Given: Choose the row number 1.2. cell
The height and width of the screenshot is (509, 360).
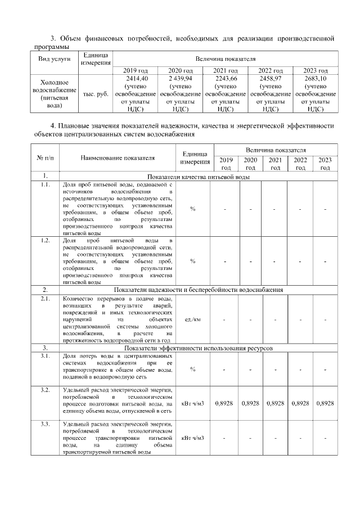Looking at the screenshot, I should [x=44, y=241].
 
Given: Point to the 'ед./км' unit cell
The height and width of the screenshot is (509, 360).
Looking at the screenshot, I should [x=192, y=320].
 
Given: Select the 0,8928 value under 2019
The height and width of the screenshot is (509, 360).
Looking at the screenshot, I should [x=224, y=403].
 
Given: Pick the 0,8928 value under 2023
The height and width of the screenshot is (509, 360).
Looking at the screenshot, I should [x=325, y=403].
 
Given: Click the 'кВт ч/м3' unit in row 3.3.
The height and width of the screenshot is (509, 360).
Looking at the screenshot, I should [x=192, y=438].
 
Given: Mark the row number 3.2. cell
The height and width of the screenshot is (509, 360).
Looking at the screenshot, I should [x=44, y=389].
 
